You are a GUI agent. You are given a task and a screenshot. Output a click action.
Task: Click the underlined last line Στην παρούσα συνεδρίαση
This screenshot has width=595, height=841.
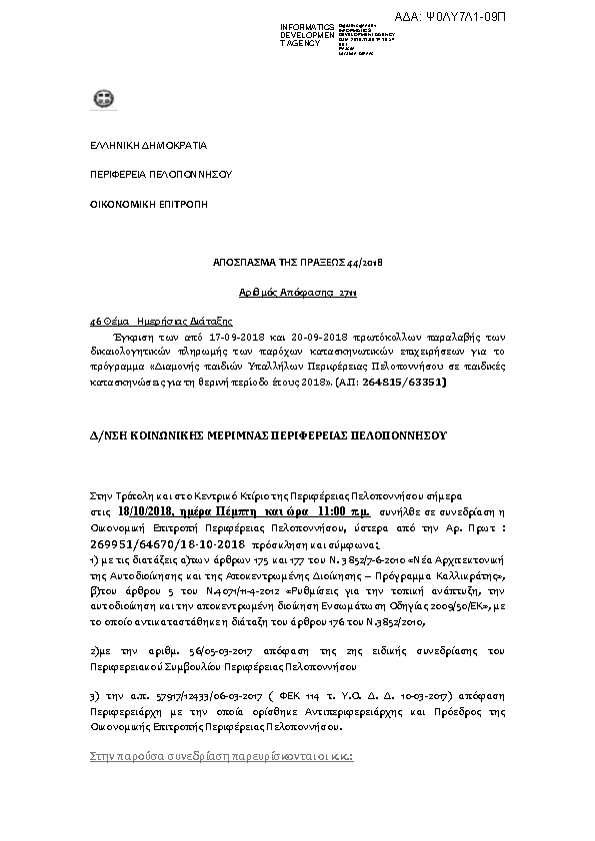[214, 756]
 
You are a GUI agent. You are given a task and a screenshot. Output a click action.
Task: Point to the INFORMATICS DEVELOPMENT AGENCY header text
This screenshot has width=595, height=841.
[307, 35]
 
